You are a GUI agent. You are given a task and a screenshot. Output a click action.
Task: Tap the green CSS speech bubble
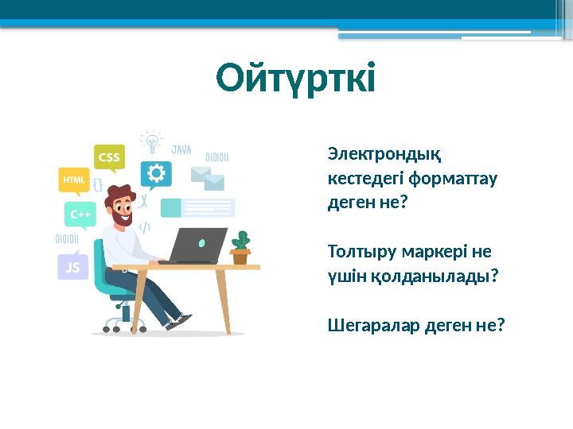(x=109, y=157)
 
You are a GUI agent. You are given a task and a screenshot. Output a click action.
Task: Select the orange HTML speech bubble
(x=72, y=180)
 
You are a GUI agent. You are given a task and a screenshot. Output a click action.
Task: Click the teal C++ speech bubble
(x=80, y=214)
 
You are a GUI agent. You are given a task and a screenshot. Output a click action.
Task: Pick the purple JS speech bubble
(x=72, y=267)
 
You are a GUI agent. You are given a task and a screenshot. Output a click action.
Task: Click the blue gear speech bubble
(x=156, y=174)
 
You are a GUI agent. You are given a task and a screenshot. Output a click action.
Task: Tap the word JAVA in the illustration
(x=181, y=149)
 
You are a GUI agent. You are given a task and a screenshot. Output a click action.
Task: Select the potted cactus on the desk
(x=240, y=248)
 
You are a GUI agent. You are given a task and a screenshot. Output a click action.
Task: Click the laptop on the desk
(x=196, y=246)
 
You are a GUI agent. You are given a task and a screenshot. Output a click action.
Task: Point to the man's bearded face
(x=121, y=207)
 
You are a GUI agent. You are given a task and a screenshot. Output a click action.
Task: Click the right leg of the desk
(x=224, y=302)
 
